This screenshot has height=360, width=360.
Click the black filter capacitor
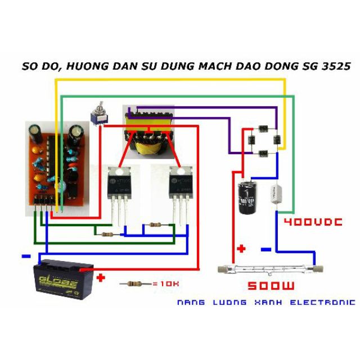(248, 197)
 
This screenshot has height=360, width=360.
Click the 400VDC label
(312, 223)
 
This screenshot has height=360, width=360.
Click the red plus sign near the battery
(101, 278)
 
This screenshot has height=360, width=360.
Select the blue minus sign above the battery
(26, 256)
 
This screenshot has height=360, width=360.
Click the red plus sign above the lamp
(242, 248)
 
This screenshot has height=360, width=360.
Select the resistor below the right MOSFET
(154, 225)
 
